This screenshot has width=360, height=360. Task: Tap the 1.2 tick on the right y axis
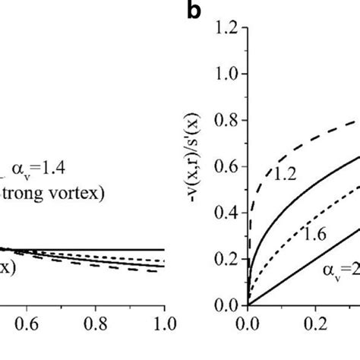tap(225, 28)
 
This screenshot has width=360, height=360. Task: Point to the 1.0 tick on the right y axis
tap(225, 74)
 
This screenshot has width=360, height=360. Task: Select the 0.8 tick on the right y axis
tap(225, 121)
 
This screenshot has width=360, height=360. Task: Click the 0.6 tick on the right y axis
tap(225, 167)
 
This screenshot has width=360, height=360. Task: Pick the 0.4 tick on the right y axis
tap(225, 213)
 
